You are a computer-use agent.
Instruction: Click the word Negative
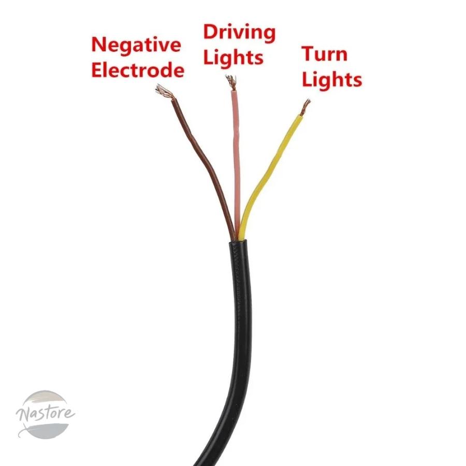(x=136, y=45)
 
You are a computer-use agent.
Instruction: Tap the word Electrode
(x=138, y=70)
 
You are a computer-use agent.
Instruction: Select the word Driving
(x=239, y=33)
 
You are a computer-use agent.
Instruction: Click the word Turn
(x=324, y=54)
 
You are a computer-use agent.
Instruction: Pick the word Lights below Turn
(x=332, y=79)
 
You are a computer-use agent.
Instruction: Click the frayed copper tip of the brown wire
(x=164, y=92)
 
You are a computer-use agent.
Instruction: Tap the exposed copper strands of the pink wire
(x=231, y=82)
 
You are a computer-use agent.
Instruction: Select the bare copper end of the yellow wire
(x=305, y=107)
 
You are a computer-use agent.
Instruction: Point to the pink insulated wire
(x=236, y=164)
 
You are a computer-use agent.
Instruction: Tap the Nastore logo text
(x=45, y=413)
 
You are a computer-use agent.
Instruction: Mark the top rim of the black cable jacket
(x=238, y=242)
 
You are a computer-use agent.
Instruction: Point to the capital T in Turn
(x=309, y=54)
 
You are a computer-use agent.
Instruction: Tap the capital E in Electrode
(x=97, y=70)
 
